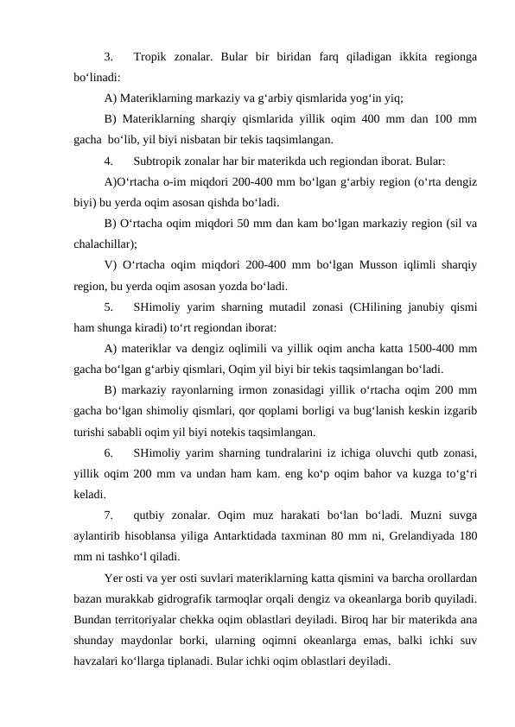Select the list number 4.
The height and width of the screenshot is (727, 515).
tap(107, 161)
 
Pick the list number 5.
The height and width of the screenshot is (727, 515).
tap(107, 307)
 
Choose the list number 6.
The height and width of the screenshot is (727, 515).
tap(107, 452)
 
